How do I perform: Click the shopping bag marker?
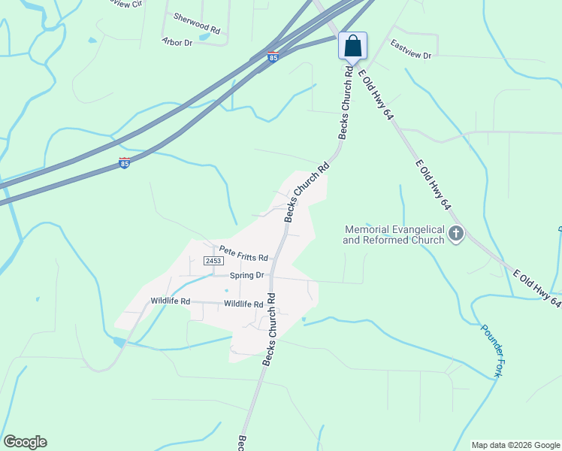pos(352,47)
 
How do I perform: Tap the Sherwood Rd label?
pos(196,23)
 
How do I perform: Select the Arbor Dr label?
pos(177,42)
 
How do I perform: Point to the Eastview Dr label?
pos(411,50)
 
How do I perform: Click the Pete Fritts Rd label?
pos(243,253)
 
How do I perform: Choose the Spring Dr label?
pos(247,275)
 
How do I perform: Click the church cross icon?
pos(456,235)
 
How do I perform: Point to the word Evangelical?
pos(422,230)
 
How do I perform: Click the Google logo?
pos(25,442)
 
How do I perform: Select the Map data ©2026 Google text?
pos(515,445)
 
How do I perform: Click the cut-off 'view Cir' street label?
pos(125,4)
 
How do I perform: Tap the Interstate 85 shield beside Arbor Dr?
pos(273,57)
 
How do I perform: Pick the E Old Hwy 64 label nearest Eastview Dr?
pos(376,95)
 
